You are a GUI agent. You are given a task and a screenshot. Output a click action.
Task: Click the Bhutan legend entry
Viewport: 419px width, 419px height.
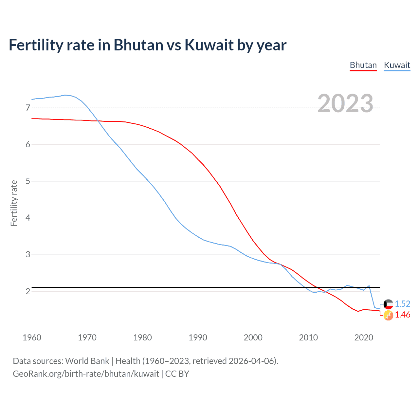[x=363, y=65]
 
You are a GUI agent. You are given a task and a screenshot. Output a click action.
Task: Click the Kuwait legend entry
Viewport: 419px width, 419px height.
[x=397, y=65]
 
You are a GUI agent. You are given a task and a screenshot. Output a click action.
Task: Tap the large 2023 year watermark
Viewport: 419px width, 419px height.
[x=345, y=103]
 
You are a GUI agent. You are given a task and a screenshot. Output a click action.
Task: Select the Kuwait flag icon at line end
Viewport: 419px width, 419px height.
[x=388, y=304]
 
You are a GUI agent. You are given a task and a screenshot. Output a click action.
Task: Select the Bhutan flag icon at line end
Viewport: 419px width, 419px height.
[x=388, y=316]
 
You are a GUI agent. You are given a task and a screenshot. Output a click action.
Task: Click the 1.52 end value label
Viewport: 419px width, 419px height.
[x=402, y=304]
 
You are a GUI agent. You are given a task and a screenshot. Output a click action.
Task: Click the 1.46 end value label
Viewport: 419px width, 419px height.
[x=402, y=315]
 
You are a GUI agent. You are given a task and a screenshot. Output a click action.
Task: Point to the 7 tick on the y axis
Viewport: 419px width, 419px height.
[x=28, y=108]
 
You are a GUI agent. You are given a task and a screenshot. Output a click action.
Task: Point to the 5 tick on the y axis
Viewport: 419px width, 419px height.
[x=28, y=181]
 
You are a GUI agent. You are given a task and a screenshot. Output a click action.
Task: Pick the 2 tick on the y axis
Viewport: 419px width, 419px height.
[x=28, y=291]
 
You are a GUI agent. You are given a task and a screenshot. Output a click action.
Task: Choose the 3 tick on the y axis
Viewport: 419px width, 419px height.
[x=28, y=254]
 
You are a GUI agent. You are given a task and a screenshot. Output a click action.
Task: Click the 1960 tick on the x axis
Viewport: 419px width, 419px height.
[x=32, y=337]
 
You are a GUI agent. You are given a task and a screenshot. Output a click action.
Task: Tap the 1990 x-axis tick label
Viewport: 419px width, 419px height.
[x=198, y=337]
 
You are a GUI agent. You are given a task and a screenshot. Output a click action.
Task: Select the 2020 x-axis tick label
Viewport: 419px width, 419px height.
[x=364, y=337]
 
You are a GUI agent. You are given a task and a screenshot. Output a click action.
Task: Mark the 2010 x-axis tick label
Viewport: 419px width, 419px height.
[x=308, y=337]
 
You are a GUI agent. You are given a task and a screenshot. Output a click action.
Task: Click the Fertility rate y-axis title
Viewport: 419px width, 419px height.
[x=14, y=203]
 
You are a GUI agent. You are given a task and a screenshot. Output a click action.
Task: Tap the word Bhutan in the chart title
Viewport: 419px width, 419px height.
[x=138, y=45]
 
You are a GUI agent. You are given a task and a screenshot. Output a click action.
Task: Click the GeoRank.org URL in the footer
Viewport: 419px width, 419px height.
[x=86, y=374]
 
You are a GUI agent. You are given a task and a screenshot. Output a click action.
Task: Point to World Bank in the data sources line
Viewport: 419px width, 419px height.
[x=87, y=361]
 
